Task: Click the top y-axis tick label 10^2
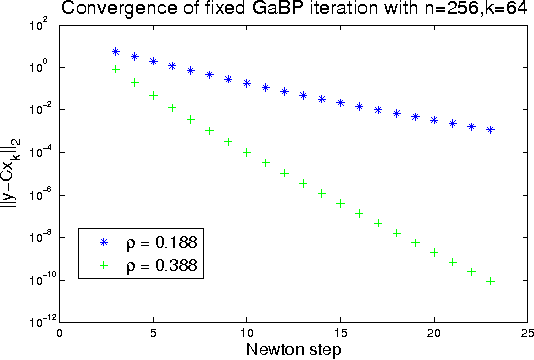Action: click(x=40, y=25)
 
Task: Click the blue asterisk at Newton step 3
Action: click(x=116, y=51)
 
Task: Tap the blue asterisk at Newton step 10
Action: click(x=247, y=83)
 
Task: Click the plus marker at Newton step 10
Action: click(x=247, y=152)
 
